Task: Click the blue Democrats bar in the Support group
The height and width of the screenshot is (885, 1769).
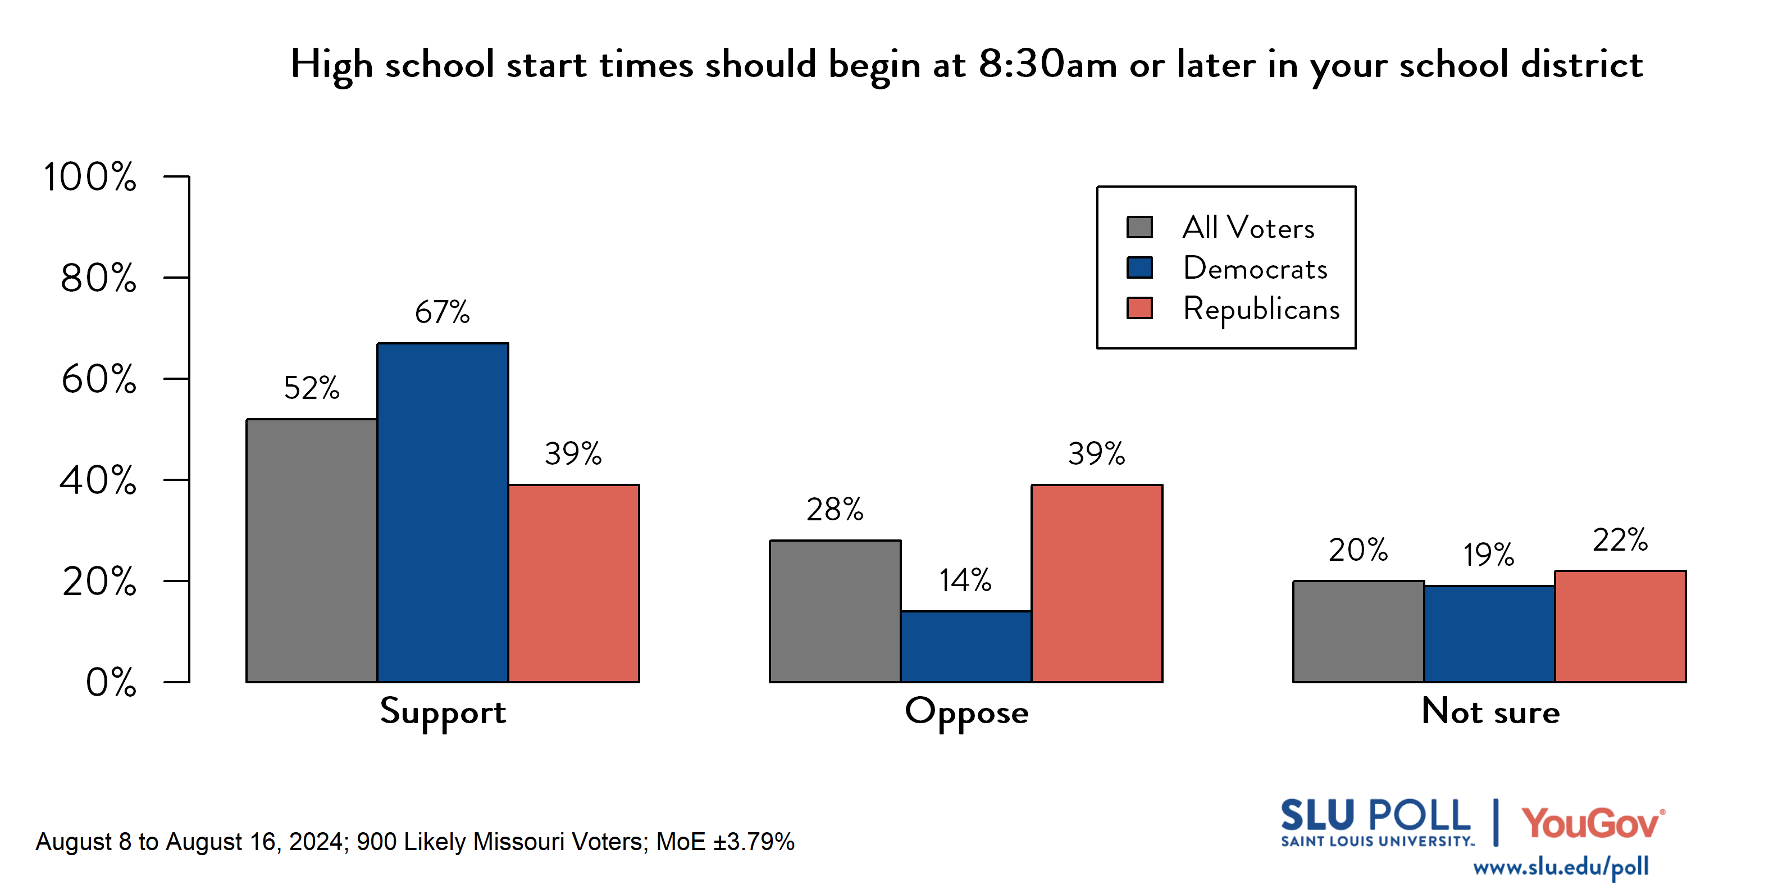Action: tap(443, 512)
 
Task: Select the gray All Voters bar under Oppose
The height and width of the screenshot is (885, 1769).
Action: tap(835, 611)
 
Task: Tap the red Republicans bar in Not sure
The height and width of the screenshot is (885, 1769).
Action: tap(1620, 626)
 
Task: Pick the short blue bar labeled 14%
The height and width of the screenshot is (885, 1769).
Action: tap(965, 646)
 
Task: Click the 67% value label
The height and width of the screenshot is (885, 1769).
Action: tap(443, 312)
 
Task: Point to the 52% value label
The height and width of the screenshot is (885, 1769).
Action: tap(311, 388)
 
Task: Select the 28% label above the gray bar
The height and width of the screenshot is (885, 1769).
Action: tap(835, 510)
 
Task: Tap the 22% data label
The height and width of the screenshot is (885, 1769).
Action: tap(1620, 540)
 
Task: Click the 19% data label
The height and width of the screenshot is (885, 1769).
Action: tap(1488, 555)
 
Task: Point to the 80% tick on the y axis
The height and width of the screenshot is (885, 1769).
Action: tap(98, 278)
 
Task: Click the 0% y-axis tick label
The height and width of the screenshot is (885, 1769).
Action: tap(111, 682)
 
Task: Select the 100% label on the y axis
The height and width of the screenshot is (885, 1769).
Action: tap(89, 176)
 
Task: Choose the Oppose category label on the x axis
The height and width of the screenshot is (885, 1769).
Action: tap(966, 712)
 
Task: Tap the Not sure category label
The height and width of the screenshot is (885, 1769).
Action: tap(1490, 711)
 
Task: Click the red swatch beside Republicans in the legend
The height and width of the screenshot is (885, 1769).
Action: tap(1139, 308)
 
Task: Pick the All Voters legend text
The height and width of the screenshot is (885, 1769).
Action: tap(1248, 228)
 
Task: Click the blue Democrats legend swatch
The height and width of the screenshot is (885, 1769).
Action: tap(1139, 267)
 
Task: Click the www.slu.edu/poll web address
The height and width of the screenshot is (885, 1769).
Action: tap(1560, 866)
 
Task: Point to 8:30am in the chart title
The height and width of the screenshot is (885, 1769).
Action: tap(1047, 65)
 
